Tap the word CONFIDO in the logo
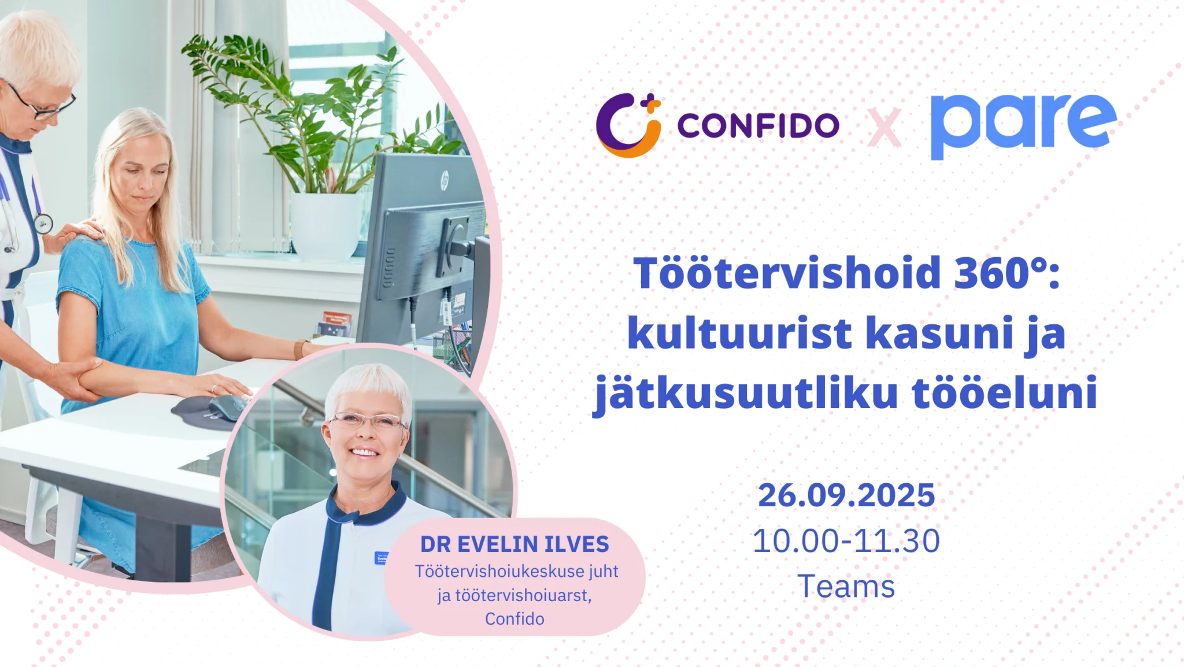(758, 125)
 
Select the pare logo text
(1023, 127)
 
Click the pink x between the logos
(884, 128)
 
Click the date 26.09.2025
(846, 495)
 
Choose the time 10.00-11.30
(846, 541)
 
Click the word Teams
(846, 587)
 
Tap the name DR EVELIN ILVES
(515, 544)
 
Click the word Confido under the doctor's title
(515, 619)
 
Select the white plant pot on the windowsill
(327, 225)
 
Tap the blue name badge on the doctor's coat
(381, 558)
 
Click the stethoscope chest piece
(43, 224)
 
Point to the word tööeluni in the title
(1005, 392)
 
